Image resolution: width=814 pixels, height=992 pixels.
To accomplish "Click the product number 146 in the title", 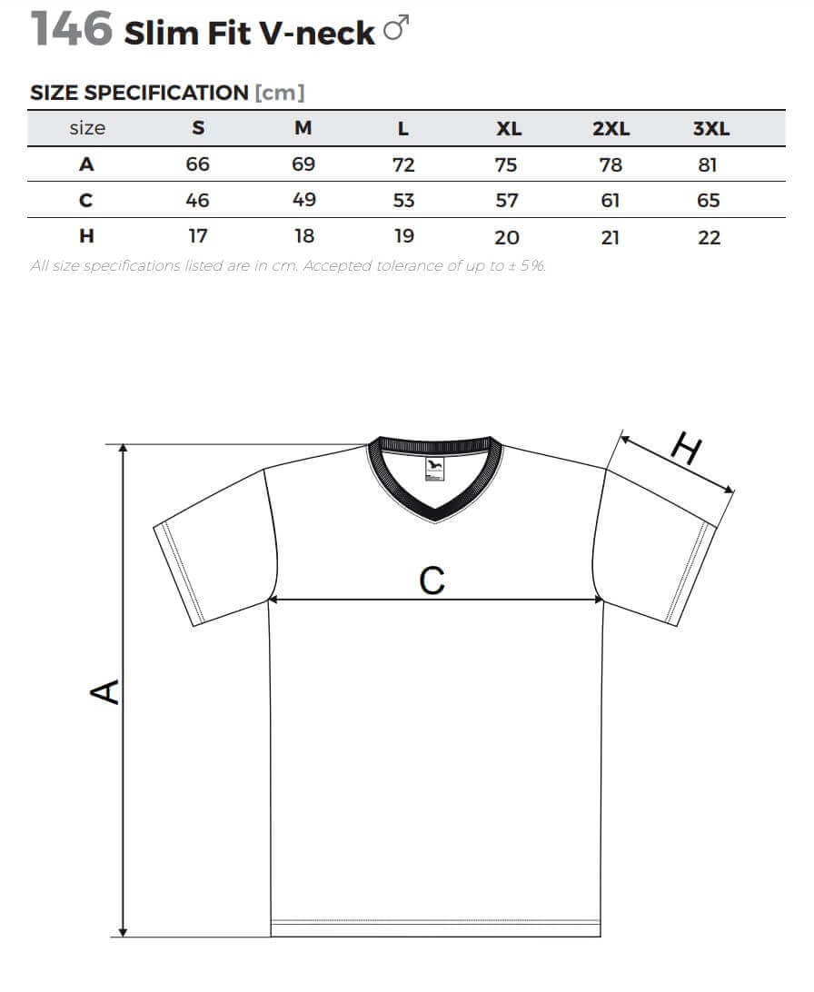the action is [x=72, y=29].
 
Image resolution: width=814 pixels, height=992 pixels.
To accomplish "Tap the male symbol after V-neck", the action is [x=396, y=28].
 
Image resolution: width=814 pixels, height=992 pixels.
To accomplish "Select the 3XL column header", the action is [x=711, y=128].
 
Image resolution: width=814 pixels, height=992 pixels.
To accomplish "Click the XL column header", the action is [x=509, y=128].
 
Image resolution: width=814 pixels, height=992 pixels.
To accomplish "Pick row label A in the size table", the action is [x=86, y=164].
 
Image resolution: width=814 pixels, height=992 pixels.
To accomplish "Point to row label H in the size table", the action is [x=86, y=236].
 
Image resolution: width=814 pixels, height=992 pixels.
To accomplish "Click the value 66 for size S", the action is [x=197, y=164].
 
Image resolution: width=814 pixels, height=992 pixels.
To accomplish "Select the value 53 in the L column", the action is [x=403, y=201].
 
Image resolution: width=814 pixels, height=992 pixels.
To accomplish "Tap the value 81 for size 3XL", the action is [x=707, y=165].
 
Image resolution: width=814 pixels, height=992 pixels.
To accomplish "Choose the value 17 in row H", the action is [x=198, y=236].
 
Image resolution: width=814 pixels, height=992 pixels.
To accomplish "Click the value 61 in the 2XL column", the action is [x=610, y=201].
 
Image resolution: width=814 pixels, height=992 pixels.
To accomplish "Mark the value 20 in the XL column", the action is [x=507, y=238].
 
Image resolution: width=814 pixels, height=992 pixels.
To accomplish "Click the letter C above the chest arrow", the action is [x=432, y=580].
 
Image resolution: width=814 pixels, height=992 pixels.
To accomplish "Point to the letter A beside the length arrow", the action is [x=105, y=692].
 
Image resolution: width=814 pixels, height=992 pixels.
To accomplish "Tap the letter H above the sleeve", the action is [x=686, y=448].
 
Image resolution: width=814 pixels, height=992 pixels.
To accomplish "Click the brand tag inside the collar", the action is [x=434, y=469].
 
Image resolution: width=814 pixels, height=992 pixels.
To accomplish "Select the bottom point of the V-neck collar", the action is [x=435, y=521].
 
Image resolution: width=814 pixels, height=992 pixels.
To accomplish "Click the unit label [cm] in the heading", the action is [x=280, y=93].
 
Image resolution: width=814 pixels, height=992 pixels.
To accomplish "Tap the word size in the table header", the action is [x=87, y=128].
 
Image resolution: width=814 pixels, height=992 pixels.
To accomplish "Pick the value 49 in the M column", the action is [x=303, y=200].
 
